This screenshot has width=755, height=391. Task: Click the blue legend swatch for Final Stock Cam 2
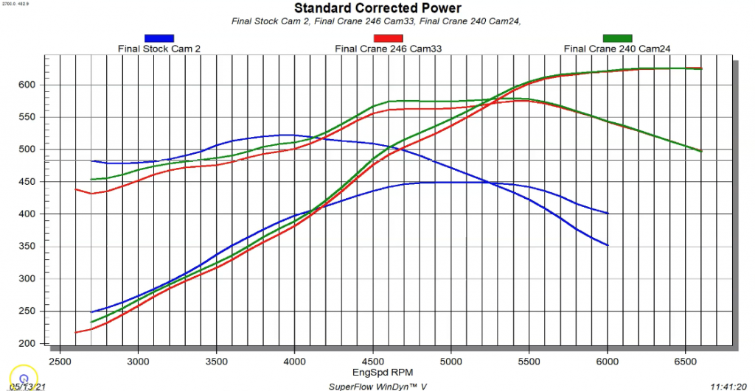coord(159,38)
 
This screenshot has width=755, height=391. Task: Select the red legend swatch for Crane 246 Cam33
coord(389,38)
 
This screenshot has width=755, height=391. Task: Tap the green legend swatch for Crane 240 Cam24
coord(617,38)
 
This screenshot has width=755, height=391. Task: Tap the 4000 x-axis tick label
coord(294,362)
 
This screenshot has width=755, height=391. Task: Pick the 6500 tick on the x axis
coord(685,362)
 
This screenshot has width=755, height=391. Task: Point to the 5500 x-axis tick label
coord(529,362)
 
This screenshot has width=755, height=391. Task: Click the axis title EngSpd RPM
coord(377,373)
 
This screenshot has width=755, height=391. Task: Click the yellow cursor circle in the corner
coord(24,378)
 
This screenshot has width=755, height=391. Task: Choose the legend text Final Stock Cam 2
coord(159,49)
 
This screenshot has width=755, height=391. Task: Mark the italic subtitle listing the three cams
coord(377,21)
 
